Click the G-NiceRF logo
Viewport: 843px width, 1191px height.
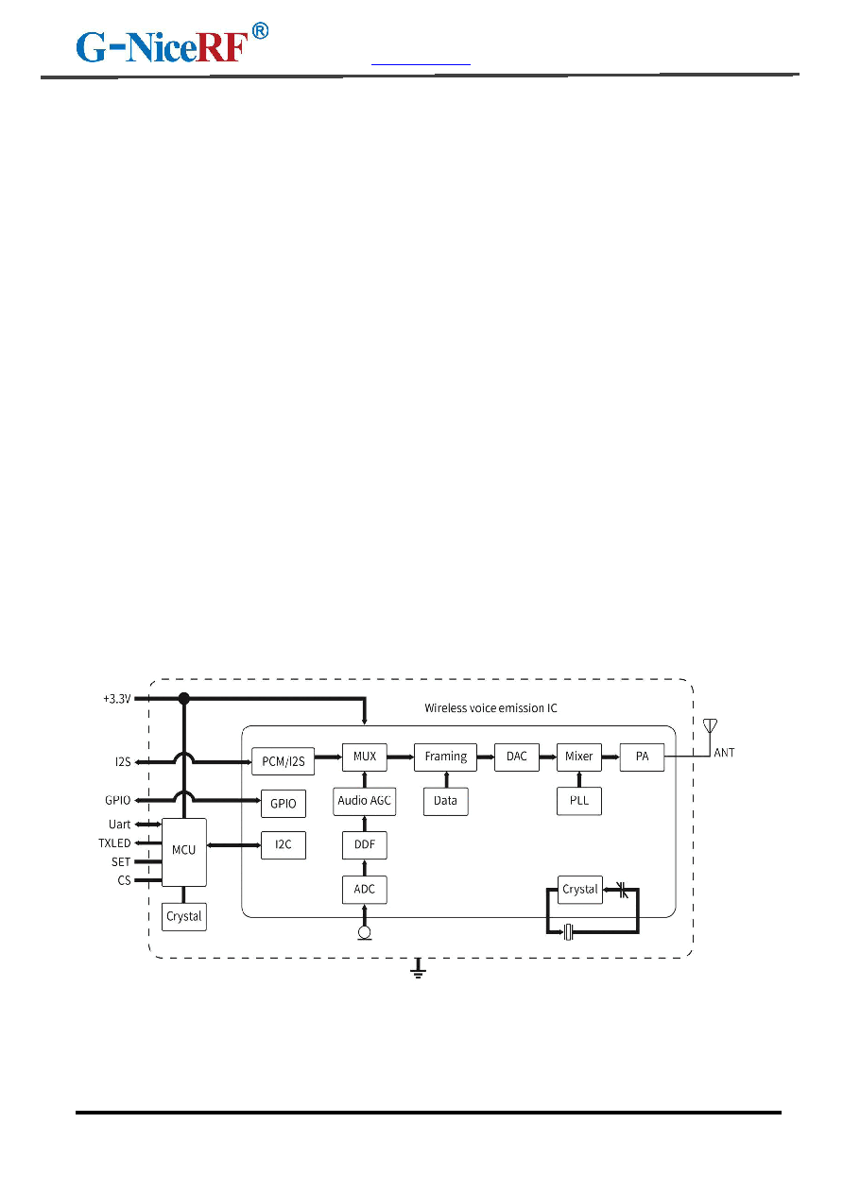[172, 43]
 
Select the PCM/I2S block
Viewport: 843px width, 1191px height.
[283, 761]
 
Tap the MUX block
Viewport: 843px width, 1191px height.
[365, 757]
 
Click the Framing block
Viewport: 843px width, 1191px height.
[446, 757]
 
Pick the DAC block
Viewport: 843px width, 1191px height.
[516, 757]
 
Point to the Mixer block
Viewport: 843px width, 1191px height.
[579, 757]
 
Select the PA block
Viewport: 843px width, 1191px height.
[642, 757]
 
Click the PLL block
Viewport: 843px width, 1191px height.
[579, 801]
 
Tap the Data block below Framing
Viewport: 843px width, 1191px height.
[446, 801]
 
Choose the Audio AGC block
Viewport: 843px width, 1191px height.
[365, 801]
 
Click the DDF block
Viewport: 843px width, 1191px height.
[365, 845]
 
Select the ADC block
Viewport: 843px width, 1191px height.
[365, 889]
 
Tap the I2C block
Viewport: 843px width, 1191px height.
[284, 845]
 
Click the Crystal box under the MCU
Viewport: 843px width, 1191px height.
[184, 917]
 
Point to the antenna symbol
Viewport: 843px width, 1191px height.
[710, 726]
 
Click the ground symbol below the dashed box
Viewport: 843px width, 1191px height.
[418, 969]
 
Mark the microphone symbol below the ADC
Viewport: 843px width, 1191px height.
[365, 933]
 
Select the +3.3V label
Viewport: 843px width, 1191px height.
[117, 699]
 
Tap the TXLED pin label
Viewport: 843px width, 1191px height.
[114, 843]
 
